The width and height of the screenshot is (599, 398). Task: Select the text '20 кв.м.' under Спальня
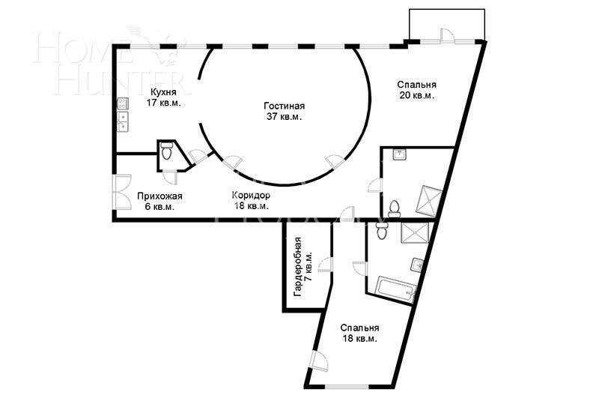pos(416,96)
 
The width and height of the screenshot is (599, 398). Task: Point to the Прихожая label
pos(159,196)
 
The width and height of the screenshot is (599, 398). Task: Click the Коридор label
pos(251,196)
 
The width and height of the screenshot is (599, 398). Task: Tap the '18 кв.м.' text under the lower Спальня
pos(359,339)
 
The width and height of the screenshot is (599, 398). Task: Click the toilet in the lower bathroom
pos(382,231)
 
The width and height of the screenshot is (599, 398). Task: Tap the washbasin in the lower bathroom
pos(417,264)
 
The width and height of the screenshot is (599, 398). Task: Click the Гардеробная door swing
pos(325,265)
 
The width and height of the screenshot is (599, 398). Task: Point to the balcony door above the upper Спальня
pos(446,34)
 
